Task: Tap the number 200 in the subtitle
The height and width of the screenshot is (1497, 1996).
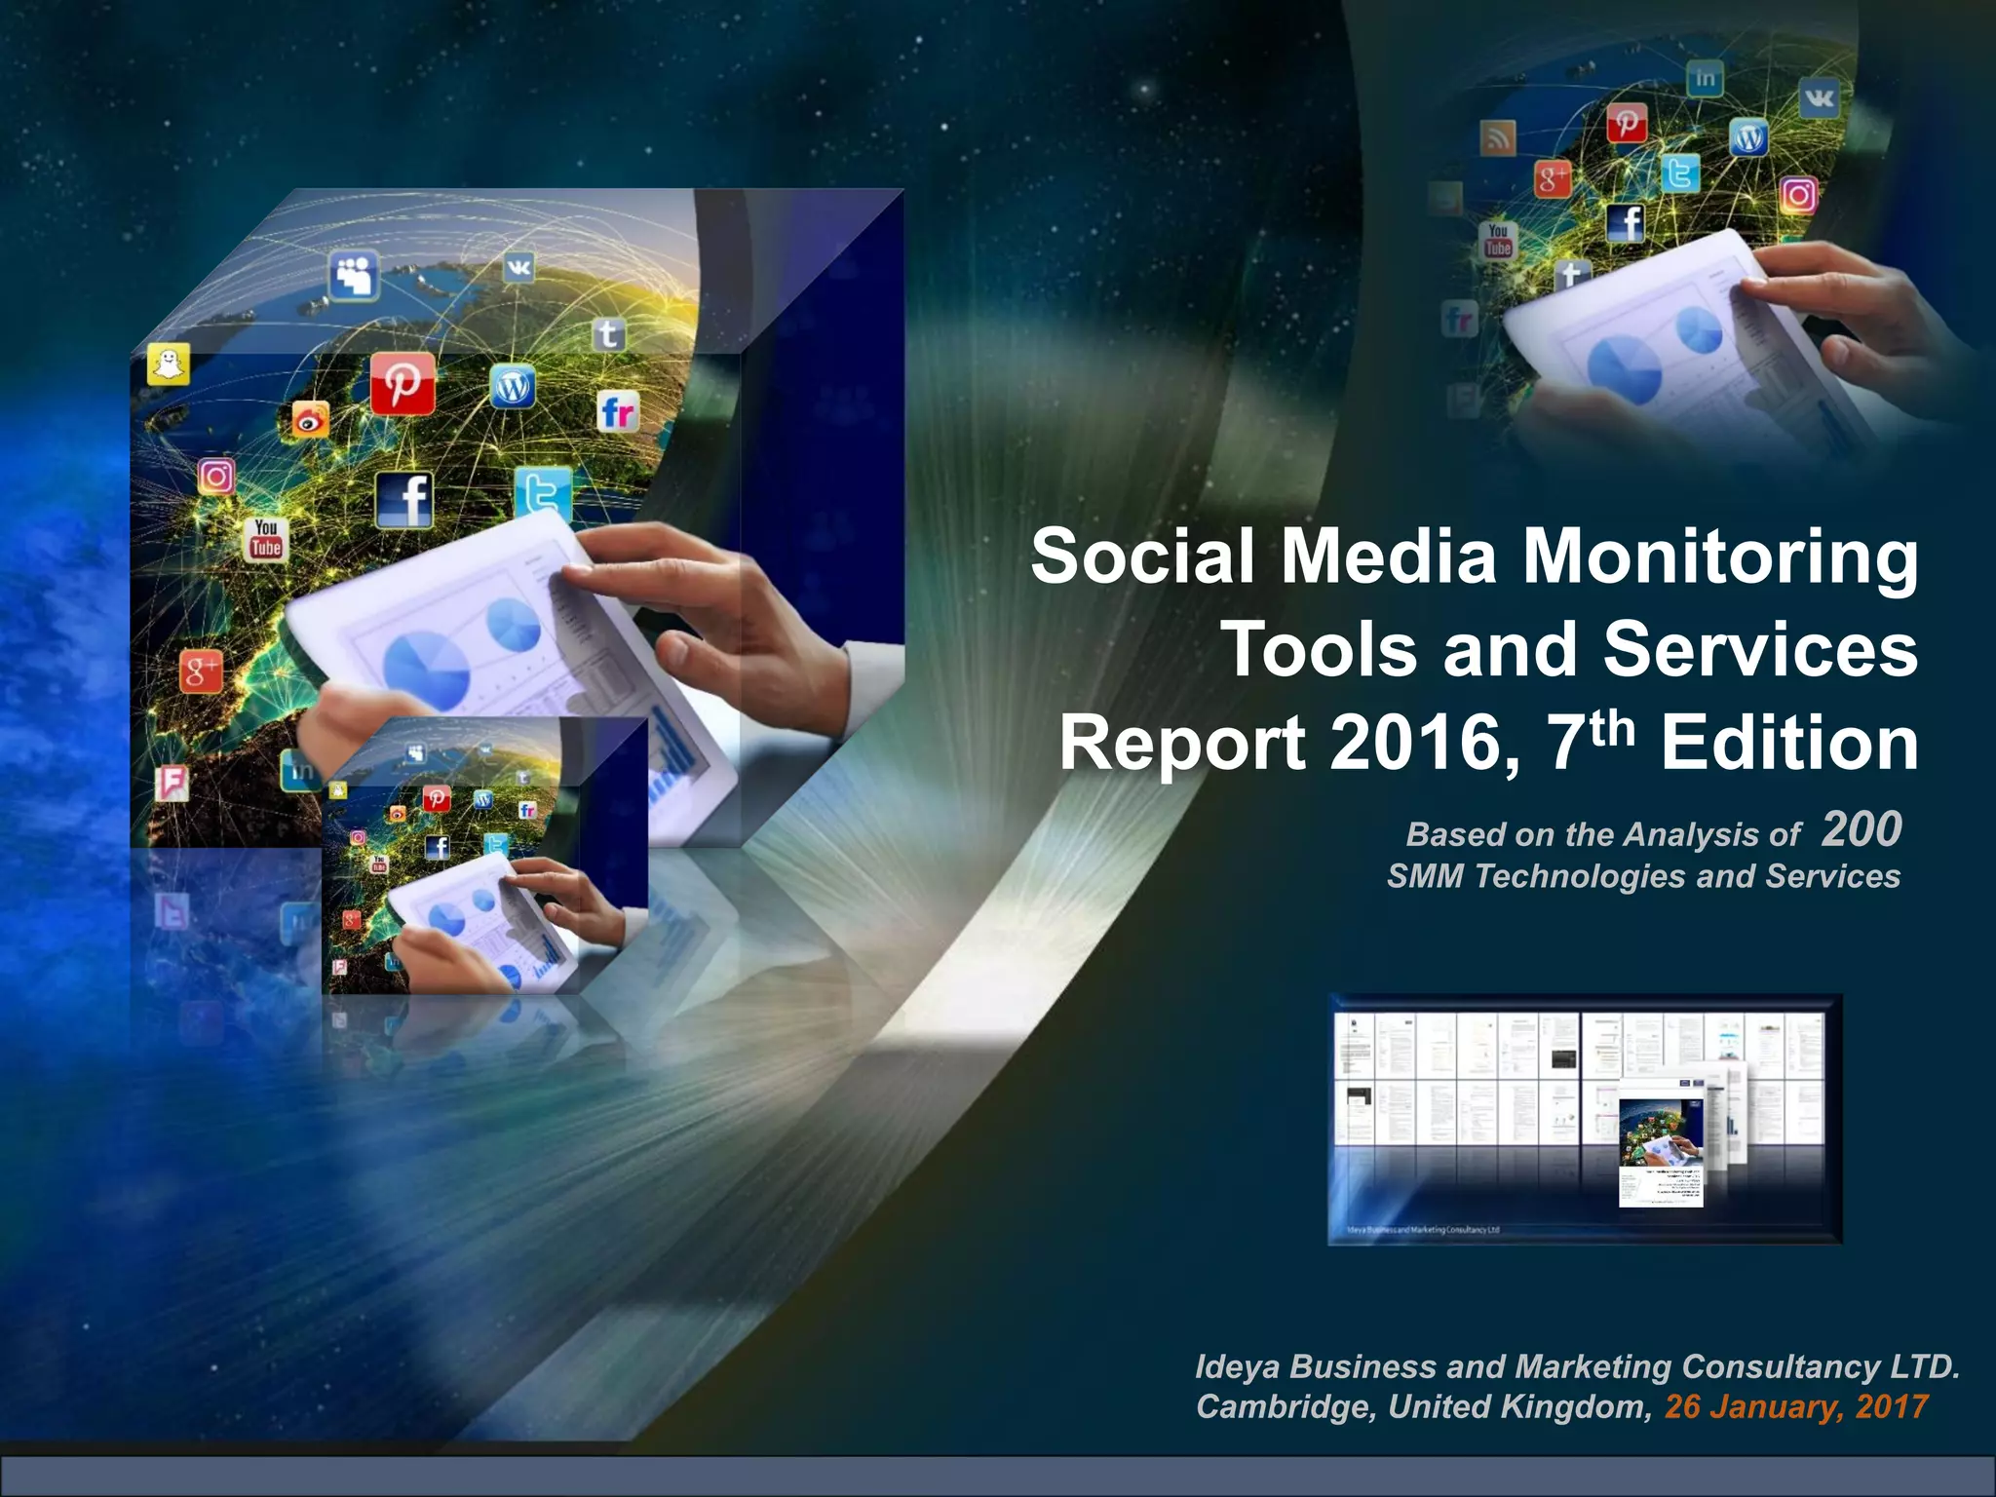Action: click(1861, 830)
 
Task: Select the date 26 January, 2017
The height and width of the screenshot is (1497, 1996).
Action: click(1795, 1406)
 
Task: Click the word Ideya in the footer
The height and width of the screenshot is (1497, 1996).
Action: click(1237, 1366)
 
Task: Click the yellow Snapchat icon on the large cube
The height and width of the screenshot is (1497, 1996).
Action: click(169, 365)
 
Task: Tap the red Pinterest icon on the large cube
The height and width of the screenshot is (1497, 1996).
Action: click(403, 383)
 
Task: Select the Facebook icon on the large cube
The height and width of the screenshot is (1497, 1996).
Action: click(404, 499)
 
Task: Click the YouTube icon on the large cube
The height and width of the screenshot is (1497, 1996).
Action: click(265, 539)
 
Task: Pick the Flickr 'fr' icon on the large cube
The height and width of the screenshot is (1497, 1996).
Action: click(618, 411)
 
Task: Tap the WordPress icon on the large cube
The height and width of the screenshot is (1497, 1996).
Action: click(512, 387)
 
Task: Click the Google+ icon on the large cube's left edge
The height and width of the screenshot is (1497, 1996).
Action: click(201, 672)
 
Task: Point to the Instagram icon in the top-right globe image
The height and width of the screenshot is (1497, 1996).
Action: click(1799, 195)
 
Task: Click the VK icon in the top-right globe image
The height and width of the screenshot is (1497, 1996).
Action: click(1819, 97)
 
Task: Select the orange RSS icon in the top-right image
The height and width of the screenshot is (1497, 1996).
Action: click(1498, 138)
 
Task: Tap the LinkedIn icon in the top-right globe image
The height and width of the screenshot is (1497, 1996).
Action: click(1705, 78)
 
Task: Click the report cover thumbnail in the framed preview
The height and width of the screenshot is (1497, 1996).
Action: click(1661, 1151)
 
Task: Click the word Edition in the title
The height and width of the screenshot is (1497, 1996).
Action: click(1789, 744)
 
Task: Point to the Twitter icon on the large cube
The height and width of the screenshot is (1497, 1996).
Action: click(542, 493)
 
